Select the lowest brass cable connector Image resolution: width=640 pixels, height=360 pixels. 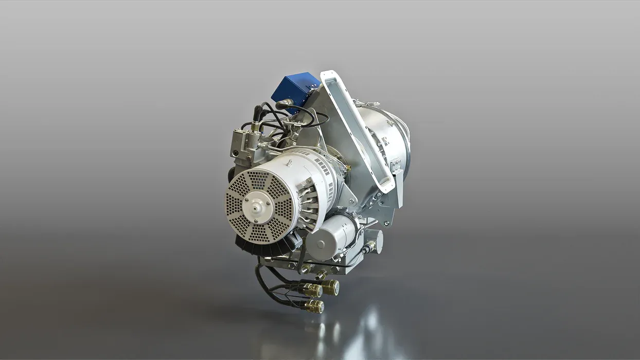(x=314, y=307)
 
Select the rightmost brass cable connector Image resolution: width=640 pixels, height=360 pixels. (x=330, y=287)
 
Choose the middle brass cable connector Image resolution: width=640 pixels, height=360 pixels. (x=312, y=291)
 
